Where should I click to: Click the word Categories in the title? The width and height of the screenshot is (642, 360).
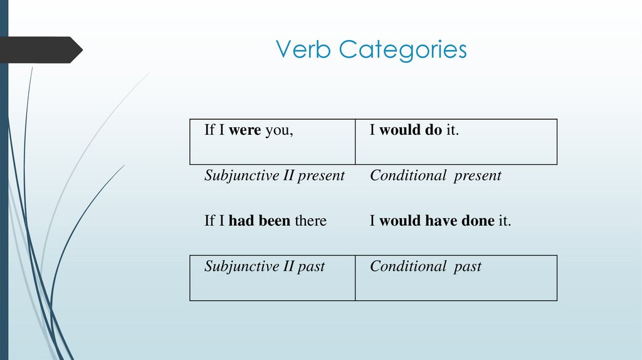(403, 50)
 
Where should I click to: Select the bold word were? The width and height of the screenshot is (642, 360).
(245, 131)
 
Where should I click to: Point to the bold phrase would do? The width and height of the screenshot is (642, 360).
(411, 131)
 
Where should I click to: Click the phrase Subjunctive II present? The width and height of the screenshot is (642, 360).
(275, 176)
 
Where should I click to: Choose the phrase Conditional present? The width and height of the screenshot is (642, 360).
(436, 176)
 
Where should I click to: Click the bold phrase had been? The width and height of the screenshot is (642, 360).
(260, 221)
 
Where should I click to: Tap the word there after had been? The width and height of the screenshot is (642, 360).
(310, 221)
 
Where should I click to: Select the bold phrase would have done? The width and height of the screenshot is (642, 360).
(437, 221)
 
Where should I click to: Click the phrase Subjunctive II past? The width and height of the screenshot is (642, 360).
(265, 267)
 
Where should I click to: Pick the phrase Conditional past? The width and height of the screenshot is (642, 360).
(426, 267)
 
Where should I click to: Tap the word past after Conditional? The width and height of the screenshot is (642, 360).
(468, 267)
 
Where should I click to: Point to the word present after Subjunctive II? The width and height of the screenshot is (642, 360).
(321, 176)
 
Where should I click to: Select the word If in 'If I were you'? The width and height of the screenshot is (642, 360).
(209, 131)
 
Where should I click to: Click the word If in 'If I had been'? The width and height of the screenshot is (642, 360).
(209, 221)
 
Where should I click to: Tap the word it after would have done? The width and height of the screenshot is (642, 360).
(504, 221)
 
